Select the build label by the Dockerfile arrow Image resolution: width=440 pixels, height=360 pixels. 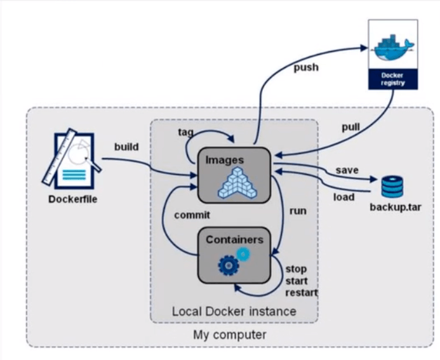pos(127,147)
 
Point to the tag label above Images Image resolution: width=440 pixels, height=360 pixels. pos(185,131)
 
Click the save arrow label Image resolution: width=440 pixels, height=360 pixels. pos(347,170)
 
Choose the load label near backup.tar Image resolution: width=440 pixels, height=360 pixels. pos(343,197)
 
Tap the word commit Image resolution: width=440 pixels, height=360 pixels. pos(192,215)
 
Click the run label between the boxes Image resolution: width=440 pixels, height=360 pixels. pos(298,211)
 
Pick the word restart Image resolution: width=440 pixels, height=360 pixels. pos(302,293)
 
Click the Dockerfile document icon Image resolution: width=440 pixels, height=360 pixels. pos(72,158)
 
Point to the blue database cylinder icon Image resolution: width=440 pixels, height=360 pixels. pos(392,187)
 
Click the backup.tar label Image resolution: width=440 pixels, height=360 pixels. pos(396,207)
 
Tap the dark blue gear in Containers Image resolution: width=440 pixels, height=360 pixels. pos(227,264)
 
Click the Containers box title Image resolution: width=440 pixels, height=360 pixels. pos(234,239)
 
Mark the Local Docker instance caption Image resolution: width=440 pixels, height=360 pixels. pos(234,311)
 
